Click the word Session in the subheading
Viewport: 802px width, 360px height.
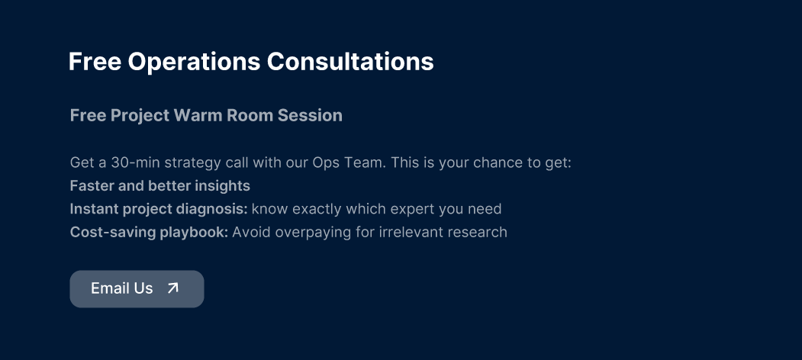(x=310, y=116)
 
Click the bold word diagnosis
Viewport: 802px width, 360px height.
(x=216, y=209)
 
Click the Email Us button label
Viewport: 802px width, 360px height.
(x=122, y=288)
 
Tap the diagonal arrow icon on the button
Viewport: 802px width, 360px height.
(x=173, y=288)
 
